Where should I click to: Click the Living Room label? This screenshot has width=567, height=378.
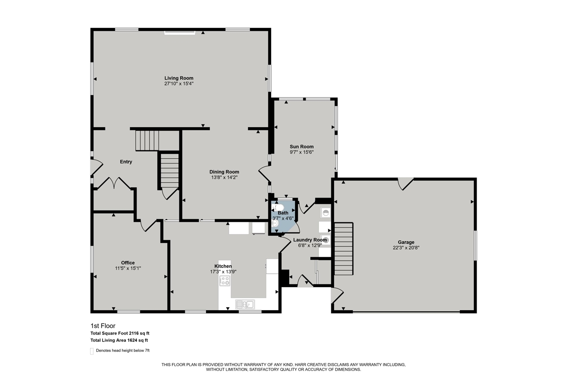[x=179, y=78]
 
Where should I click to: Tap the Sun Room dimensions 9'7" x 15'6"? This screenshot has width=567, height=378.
[x=302, y=152]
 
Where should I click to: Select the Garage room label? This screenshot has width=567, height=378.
[x=406, y=242]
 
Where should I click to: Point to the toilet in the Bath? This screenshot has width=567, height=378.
[x=280, y=207]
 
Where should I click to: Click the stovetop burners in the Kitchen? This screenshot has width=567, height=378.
[x=225, y=281]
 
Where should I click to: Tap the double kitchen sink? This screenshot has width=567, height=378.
[x=245, y=304]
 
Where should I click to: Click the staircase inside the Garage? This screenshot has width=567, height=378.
[x=343, y=249]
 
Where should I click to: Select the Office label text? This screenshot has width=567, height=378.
[x=128, y=263]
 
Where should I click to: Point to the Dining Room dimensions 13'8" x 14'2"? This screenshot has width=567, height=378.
[x=224, y=177]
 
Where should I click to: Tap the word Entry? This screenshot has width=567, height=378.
[x=126, y=162]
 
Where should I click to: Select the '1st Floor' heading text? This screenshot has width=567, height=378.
[x=103, y=326]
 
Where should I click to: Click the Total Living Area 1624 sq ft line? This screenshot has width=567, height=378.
[x=119, y=340]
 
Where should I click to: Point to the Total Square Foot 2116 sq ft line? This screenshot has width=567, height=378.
[x=123, y=333]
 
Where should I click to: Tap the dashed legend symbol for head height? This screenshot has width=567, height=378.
[x=92, y=351]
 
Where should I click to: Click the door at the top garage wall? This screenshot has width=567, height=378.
[x=405, y=183]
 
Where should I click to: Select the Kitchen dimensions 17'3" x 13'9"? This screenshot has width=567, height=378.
[x=223, y=271]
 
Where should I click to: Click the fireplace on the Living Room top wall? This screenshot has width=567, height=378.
[x=179, y=32]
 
